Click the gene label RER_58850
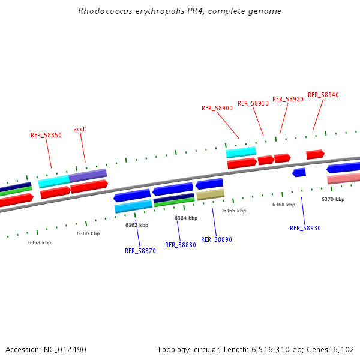pos(46,135)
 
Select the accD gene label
pos(80,129)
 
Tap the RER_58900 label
pos(217,108)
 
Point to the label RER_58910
pos(253,103)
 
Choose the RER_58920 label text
pos(288,99)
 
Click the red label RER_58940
pos(323,95)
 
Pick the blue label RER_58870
pos(140,251)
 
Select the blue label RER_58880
pos(181,245)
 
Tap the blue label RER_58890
pos(217,239)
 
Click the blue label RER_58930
pos(305,228)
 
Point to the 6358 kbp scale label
pos(40,242)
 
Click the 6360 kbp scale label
pos(88,233)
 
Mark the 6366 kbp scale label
pos(235,211)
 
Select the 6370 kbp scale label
pos(333,199)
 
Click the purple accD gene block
pos(88,176)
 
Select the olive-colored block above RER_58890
pos(211,194)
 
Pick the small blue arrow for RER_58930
pos(299,172)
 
